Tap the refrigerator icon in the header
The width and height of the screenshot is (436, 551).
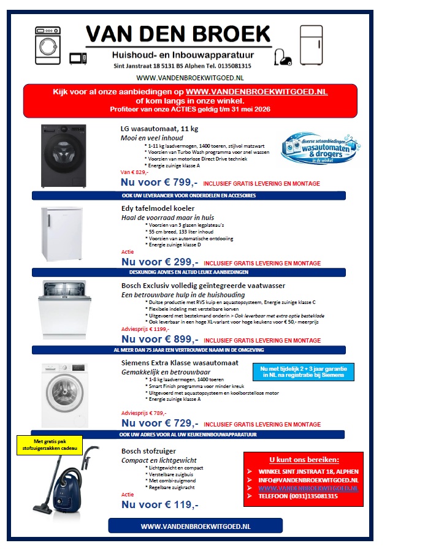coord(310,45)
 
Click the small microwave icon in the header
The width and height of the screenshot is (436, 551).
coord(77,58)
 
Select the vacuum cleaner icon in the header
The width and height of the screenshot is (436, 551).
coord(284,57)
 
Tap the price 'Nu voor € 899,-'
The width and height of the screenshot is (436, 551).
coord(159,339)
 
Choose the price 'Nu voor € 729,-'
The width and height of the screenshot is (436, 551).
coord(159,423)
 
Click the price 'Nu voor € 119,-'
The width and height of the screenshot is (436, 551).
coord(159,504)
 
